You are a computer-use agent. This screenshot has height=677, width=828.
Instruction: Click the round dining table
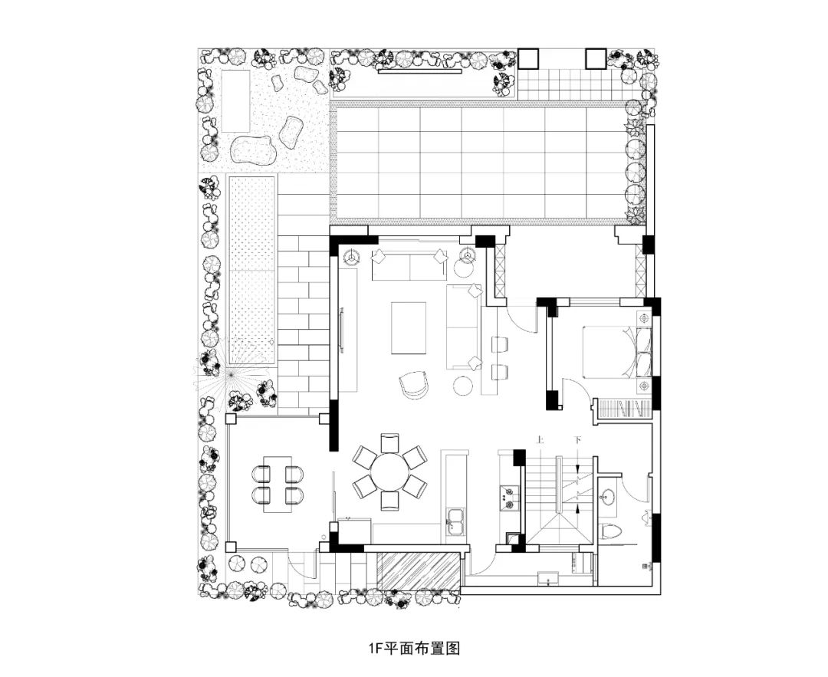tap(390, 471)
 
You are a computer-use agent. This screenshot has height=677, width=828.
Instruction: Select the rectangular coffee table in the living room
tap(409, 327)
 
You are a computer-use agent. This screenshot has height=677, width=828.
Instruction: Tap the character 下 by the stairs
tap(577, 441)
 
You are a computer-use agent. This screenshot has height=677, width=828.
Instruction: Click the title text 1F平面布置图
tap(413, 648)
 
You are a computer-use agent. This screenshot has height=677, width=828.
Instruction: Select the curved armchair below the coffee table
tap(415, 384)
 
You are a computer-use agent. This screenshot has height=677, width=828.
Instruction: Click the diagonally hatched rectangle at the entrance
tap(419, 570)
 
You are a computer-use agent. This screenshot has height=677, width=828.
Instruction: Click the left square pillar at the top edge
tap(529, 58)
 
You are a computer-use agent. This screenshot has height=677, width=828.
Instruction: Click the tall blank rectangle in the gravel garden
tap(236, 100)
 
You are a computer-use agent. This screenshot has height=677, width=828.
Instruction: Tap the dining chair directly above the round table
tap(390, 442)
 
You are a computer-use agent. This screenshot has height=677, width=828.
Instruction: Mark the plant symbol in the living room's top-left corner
tap(351, 256)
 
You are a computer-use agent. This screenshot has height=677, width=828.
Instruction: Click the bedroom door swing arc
tap(577, 389)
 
